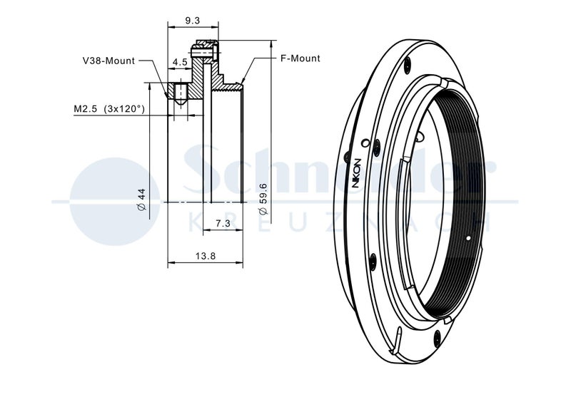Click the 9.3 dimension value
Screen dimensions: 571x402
pos(193,21)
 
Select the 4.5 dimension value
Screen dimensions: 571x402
pos(180,62)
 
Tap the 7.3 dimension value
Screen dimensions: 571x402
pos(223,223)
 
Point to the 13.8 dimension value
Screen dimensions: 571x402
pos(206,256)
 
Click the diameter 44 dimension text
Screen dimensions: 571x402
pos(141,200)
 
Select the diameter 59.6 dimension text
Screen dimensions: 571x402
pos(263,200)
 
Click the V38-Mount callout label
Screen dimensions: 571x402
pos(109,61)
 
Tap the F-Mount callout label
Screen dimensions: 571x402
pos(300,58)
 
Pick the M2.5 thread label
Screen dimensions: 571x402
pos(86,108)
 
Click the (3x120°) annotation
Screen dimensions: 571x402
pos(124,108)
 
